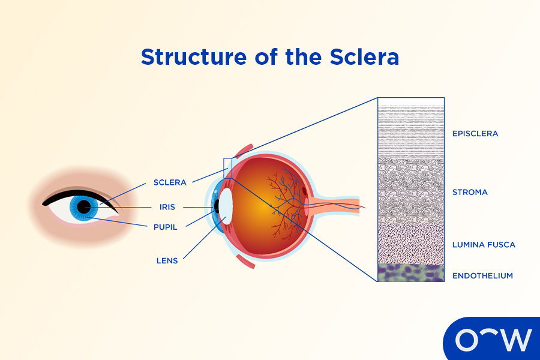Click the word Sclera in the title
pyautogui.click(x=364, y=57)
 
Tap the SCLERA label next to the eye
pyautogui.click(x=170, y=182)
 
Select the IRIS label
pyautogui.click(x=167, y=207)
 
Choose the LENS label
pyautogui.click(x=167, y=261)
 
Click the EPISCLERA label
pyautogui.click(x=475, y=134)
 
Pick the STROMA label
pyautogui.click(x=470, y=193)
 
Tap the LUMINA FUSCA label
pyautogui.click(x=484, y=245)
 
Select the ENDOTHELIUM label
pyautogui.click(x=483, y=276)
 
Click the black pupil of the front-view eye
pyautogui.click(x=83, y=207)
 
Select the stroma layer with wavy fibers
pyautogui.click(x=411, y=192)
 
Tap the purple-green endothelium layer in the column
pyautogui.click(x=411, y=273)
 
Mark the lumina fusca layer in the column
pyautogui.click(x=411, y=245)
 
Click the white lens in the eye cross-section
pyautogui.click(x=226, y=205)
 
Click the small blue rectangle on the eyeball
pyautogui.click(x=227, y=168)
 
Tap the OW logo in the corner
pyautogui.click(x=493, y=340)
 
